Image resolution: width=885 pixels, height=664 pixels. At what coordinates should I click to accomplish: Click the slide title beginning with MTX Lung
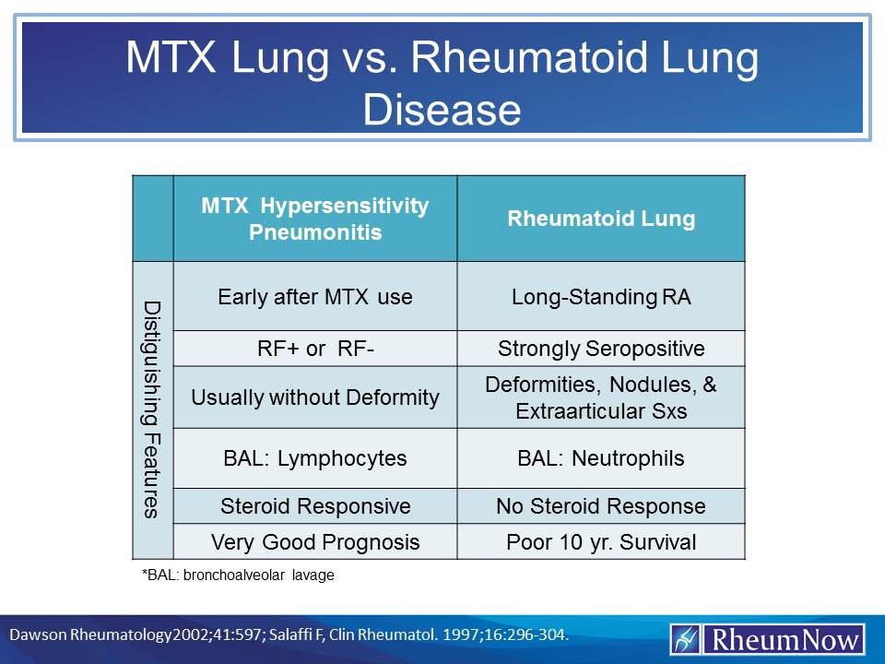[442, 83]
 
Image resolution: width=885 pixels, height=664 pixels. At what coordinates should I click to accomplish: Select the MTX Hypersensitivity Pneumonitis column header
[315, 219]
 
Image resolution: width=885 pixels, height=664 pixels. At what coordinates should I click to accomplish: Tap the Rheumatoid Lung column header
[601, 219]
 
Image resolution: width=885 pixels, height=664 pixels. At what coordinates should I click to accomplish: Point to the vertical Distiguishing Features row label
[153, 409]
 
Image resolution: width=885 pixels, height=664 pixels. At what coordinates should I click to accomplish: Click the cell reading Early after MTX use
[315, 297]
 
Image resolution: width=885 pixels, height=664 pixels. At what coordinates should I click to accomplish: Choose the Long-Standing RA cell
[601, 297]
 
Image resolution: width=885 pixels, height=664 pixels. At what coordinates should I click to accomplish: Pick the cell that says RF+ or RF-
[315, 349]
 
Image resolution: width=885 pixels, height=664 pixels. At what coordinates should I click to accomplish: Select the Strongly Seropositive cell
[601, 349]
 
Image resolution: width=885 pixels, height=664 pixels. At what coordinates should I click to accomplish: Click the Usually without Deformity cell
[315, 397]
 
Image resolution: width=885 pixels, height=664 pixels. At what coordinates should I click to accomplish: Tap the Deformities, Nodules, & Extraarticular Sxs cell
[601, 397]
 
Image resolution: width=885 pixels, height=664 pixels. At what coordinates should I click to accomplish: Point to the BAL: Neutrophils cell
[601, 458]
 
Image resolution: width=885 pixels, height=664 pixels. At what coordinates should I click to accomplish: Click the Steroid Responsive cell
[315, 506]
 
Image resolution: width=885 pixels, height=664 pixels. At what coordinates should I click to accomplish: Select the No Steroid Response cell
[601, 506]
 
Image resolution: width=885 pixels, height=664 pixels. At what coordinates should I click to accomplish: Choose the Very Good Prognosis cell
[315, 541]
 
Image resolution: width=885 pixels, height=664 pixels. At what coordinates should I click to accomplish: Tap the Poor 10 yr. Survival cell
[601, 541]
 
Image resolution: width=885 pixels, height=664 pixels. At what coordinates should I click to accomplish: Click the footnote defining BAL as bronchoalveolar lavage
[237, 575]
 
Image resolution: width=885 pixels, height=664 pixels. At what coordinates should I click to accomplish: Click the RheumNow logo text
[784, 639]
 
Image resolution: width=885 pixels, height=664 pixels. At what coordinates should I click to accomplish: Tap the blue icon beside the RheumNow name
[686, 639]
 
